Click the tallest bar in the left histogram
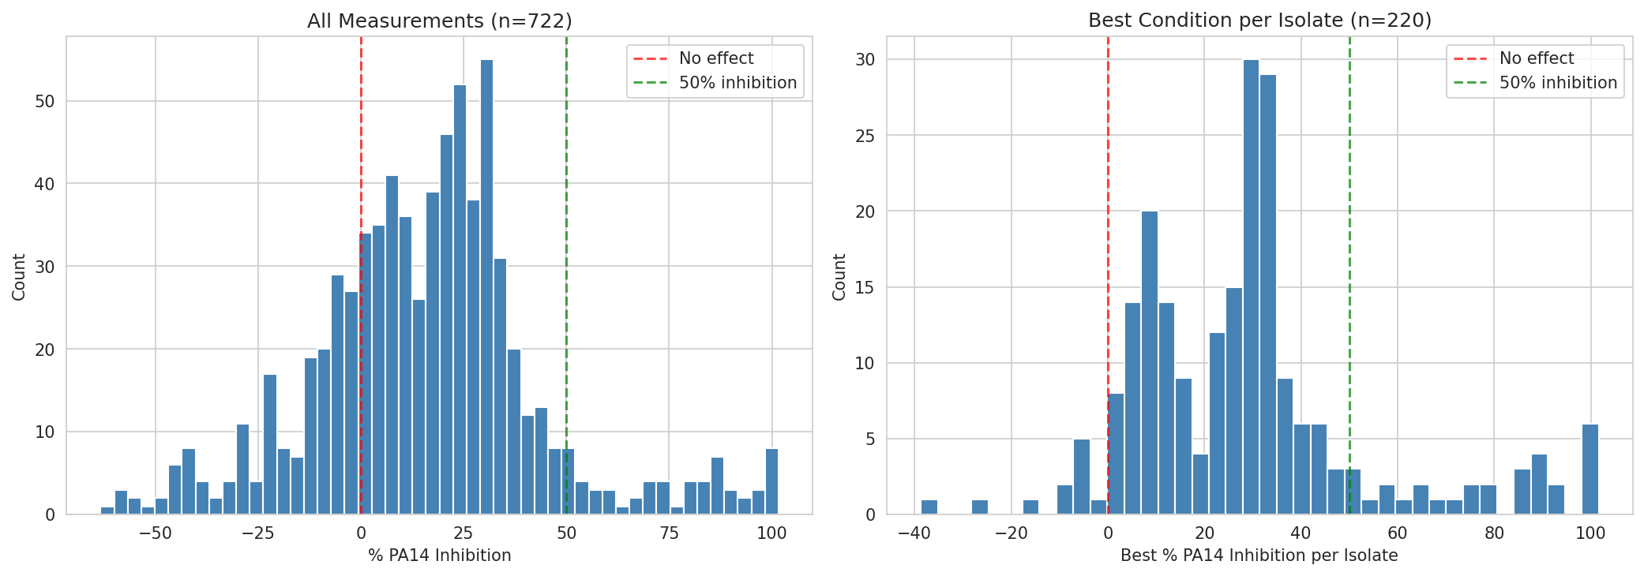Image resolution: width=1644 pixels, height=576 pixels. click(x=486, y=287)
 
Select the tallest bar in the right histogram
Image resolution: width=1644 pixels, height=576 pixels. click(x=1251, y=287)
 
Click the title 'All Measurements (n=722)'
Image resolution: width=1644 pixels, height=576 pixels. click(x=439, y=21)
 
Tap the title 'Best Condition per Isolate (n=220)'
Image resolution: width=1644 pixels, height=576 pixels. click(x=1259, y=21)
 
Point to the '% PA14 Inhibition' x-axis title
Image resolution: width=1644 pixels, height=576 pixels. click(x=439, y=555)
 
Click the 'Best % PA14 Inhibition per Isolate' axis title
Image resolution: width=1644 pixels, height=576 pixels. click(x=1259, y=555)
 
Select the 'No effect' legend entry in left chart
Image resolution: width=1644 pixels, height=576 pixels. click(x=715, y=58)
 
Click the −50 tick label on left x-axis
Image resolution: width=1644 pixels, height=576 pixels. click(x=155, y=533)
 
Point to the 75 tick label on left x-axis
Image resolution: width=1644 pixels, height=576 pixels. click(x=669, y=533)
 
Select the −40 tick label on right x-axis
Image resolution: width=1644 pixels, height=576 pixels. click(x=914, y=533)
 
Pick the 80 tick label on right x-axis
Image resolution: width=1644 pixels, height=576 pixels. click(x=1494, y=533)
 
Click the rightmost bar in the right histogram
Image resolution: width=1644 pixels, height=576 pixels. click(x=1590, y=469)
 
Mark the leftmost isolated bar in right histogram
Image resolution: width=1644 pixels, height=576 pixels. click(x=929, y=507)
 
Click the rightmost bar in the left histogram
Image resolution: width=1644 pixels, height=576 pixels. click(x=771, y=481)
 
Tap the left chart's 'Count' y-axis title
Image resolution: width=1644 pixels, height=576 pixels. click(x=19, y=277)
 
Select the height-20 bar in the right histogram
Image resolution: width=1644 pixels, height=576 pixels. click(x=1150, y=363)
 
